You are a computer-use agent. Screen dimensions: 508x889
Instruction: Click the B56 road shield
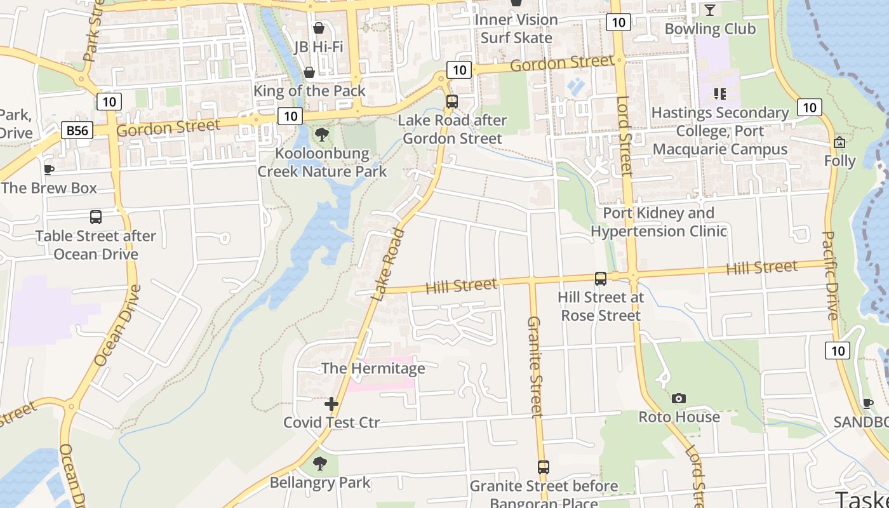tap(77, 131)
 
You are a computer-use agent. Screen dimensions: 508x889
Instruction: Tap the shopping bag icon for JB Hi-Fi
tap(319, 28)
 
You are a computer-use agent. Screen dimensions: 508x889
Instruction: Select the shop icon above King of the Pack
tap(309, 72)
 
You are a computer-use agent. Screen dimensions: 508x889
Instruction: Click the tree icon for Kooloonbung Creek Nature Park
tap(322, 135)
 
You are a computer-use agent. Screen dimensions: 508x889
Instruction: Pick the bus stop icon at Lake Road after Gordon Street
tap(452, 101)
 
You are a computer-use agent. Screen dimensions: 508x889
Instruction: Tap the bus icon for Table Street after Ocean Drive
tap(96, 217)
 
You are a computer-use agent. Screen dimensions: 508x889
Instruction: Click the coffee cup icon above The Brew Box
tap(48, 170)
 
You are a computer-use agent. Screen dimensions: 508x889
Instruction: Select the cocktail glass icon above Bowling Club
tap(710, 10)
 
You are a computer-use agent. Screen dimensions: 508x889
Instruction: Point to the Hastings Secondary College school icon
tap(720, 94)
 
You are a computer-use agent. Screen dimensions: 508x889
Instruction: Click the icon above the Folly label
tap(839, 142)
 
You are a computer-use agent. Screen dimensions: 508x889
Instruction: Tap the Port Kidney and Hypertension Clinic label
tap(658, 222)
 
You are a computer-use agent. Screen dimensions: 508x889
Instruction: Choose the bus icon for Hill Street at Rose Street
tap(600, 278)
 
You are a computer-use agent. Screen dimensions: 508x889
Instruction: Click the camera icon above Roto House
tap(679, 398)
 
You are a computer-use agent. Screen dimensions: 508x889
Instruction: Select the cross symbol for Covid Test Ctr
tap(331, 404)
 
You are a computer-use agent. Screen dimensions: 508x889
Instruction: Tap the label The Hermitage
tap(373, 368)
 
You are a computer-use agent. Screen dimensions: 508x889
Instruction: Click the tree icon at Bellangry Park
tap(320, 464)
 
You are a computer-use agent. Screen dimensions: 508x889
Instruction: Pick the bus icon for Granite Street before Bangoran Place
tap(544, 467)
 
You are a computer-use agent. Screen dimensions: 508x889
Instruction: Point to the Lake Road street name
tap(388, 264)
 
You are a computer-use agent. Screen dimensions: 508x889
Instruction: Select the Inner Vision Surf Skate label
tap(516, 29)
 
